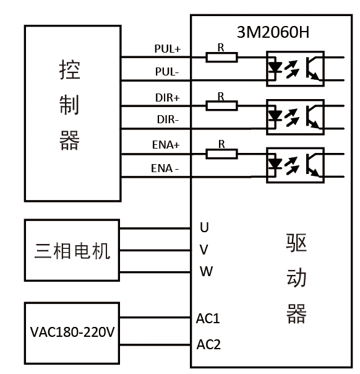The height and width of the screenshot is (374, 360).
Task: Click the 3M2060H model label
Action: [x=273, y=32]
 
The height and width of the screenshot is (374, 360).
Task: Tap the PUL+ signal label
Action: [x=167, y=48]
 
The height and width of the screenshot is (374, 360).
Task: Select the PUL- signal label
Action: [x=167, y=72]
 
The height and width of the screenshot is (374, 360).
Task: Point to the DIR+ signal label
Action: [x=167, y=97]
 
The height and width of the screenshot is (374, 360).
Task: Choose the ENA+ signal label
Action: [x=166, y=145]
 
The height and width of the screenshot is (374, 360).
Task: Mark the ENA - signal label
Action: [x=165, y=168]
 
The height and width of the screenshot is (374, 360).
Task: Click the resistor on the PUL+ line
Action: [x=221, y=58]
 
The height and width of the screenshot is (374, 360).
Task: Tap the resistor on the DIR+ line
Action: [x=221, y=106]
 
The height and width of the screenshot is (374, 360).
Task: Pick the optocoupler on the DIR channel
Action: [x=294, y=116]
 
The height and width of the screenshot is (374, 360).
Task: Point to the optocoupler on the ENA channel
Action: [x=294, y=165]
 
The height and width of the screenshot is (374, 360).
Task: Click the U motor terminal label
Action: [x=204, y=227]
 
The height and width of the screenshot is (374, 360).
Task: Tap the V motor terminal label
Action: [x=204, y=250]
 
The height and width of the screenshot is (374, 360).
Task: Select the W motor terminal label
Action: [x=205, y=271]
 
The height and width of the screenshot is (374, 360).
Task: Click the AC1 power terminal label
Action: [x=208, y=319]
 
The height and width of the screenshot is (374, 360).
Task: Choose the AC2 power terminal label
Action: [x=208, y=344]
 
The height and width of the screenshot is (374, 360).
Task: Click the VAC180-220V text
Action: [x=72, y=332]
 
